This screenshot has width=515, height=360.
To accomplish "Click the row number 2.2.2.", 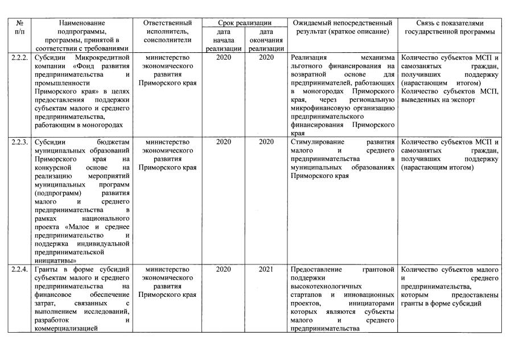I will [x=19, y=57].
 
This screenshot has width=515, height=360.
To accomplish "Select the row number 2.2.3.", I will [x=19, y=142].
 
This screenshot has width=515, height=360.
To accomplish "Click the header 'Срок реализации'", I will [x=245, y=23].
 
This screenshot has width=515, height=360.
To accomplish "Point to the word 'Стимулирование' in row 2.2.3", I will [x=315, y=142].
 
